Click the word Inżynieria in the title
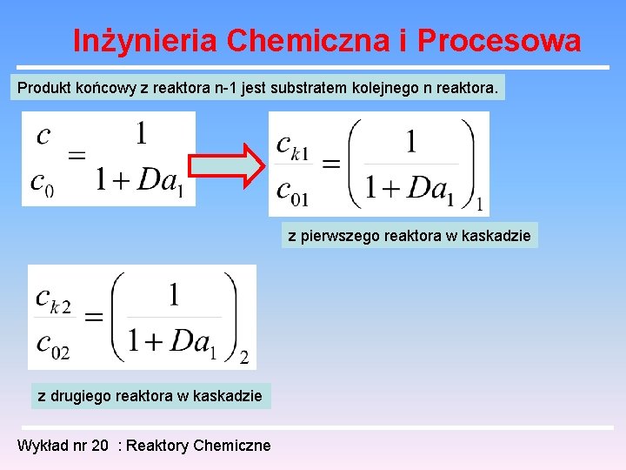(x=145, y=40)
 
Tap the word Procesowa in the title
(x=499, y=40)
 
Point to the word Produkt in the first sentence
(x=45, y=88)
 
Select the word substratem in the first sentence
(x=310, y=88)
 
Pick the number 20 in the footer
(x=100, y=446)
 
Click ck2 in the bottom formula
(x=53, y=298)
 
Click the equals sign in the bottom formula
(x=94, y=319)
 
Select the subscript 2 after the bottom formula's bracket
(x=244, y=357)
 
